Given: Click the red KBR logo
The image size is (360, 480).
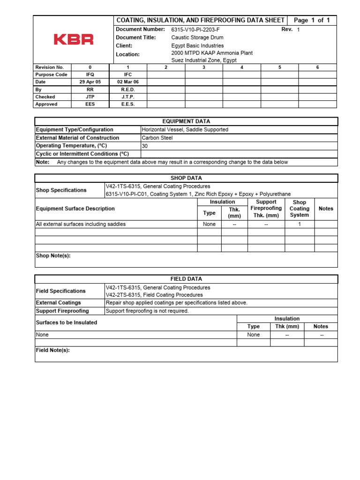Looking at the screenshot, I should pyautogui.click(x=74, y=39).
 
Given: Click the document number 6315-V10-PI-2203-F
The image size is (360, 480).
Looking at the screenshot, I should pyautogui.click(x=195, y=30).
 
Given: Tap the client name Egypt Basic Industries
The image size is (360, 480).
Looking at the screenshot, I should pyautogui.click(x=197, y=46).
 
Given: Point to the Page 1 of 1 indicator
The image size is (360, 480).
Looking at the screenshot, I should pyautogui.click(x=312, y=20).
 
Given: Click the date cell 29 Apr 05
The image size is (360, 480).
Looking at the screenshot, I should pyautogui.click(x=90, y=82).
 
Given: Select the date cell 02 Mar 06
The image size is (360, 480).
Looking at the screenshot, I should pyautogui.click(x=128, y=82).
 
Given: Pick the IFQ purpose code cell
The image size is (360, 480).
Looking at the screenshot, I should pyautogui.click(x=90, y=75).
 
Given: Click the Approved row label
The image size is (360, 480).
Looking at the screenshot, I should pyautogui.click(x=46, y=105).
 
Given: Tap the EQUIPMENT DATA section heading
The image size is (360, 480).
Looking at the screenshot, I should pyautogui.click(x=186, y=121).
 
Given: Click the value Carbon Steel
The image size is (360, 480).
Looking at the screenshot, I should pyautogui.click(x=157, y=138).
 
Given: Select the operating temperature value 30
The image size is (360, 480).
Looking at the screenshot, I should pyautogui.click(x=144, y=146).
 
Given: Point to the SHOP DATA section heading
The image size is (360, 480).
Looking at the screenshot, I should pyautogui.click(x=186, y=178).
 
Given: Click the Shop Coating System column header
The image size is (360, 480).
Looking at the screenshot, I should pyautogui.click(x=299, y=209).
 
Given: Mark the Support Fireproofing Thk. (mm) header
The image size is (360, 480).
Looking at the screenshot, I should pyautogui.click(x=266, y=209).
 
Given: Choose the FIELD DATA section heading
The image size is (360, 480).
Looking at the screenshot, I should pyautogui.click(x=186, y=279).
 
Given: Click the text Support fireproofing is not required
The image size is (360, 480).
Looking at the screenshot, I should pyautogui.click(x=147, y=311).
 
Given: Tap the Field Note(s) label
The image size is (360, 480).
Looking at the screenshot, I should pyautogui.click(x=53, y=350).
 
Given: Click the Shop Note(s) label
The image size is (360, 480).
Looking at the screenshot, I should pyautogui.click(x=53, y=256).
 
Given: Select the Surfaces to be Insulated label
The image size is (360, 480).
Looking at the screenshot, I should pyautogui.click(x=67, y=322).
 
